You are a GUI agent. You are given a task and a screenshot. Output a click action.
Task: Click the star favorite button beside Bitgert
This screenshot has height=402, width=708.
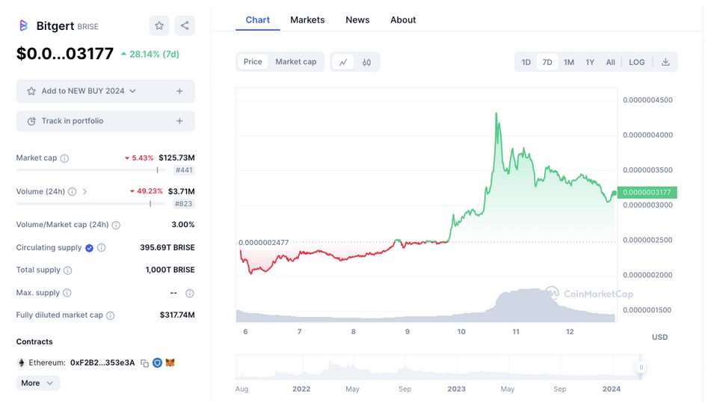click(x=159, y=25)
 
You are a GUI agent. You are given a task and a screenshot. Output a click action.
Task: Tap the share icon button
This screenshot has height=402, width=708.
click(x=185, y=25)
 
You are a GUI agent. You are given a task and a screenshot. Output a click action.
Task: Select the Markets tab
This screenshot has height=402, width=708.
click(x=307, y=19)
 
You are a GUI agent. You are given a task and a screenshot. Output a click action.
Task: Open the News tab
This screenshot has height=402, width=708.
click(x=357, y=19)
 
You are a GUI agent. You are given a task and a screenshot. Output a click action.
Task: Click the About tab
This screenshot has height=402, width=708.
click(x=403, y=19)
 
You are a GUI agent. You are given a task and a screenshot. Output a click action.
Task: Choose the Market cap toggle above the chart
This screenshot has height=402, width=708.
click(x=295, y=62)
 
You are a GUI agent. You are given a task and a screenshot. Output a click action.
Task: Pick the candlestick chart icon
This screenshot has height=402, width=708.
click(x=366, y=62)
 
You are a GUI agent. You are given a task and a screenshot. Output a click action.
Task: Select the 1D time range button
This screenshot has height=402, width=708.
click(x=526, y=62)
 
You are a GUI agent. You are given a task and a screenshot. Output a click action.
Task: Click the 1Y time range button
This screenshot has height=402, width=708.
click(x=590, y=62)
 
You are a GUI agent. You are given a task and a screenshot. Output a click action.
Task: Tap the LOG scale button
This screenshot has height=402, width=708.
click(x=636, y=62)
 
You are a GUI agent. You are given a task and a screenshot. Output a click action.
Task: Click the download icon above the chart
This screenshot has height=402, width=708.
click(x=665, y=62)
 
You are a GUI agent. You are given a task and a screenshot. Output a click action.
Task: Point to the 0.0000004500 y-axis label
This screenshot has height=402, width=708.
click(x=647, y=100)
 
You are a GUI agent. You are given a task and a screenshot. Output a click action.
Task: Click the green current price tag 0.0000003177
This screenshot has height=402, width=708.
click(x=647, y=193)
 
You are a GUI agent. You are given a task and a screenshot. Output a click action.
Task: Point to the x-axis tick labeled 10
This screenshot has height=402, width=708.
click(x=461, y=332)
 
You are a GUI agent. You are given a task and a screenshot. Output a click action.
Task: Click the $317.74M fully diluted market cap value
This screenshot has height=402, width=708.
click(x=177, y=315)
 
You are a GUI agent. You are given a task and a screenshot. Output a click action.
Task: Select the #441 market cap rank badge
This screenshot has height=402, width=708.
click(x=184, y=170)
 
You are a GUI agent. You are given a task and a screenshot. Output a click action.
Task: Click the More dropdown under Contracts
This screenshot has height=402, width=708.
click(x=37, y=383)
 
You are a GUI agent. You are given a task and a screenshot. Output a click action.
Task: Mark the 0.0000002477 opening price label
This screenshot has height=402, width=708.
click(x=263, y=243)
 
